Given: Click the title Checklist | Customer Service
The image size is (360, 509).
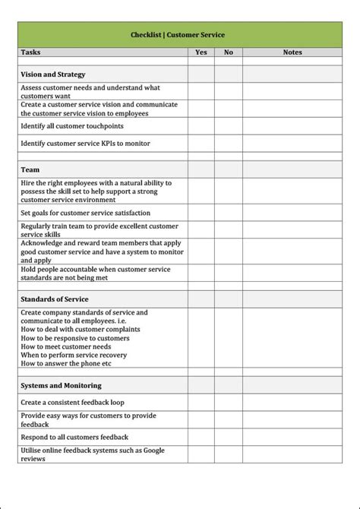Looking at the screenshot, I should coord(178,35).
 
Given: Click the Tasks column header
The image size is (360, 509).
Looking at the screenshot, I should coord(32,52).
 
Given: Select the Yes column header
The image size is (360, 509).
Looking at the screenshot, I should coord(201,52).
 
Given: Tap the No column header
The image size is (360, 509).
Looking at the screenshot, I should coord(228,52).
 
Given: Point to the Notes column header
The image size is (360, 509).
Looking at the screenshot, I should coord(292,52).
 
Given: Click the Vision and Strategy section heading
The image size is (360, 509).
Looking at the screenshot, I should coord(53,74).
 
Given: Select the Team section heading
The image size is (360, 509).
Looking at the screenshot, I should coord(30,169).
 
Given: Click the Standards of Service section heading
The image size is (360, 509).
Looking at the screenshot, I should coord(55,299).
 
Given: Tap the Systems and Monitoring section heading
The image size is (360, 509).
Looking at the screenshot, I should coord(61,385).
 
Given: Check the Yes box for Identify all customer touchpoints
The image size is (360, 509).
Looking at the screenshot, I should coord(201,126).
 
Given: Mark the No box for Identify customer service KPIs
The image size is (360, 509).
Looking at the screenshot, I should coord(228,143).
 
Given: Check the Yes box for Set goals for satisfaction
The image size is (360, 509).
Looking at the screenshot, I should coord(201,213).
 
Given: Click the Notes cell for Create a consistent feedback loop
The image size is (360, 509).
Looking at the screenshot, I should coord(292,402).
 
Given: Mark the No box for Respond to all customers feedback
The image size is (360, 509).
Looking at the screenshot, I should coord(228,437).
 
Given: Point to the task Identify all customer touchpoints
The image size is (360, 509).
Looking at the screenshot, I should coord(72,126).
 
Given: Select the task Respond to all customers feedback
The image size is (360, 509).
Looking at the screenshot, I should coord(74,437).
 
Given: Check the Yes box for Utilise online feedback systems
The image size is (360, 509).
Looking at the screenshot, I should coord(201,454).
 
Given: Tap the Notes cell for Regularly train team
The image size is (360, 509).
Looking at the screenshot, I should coord(292,230).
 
